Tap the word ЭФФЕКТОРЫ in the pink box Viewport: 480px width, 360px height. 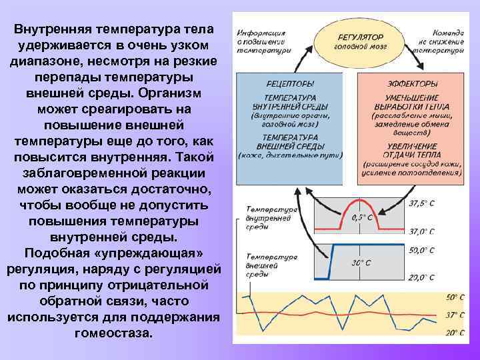tap(413, 83)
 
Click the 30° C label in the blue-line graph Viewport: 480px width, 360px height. tap(361, 263)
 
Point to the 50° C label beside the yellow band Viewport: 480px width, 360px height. tap(455, 296)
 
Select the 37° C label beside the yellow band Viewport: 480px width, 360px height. tap(455, 315)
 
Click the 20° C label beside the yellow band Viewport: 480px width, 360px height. tap(455, 333)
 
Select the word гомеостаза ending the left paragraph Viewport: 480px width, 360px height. tap(113, 332)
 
